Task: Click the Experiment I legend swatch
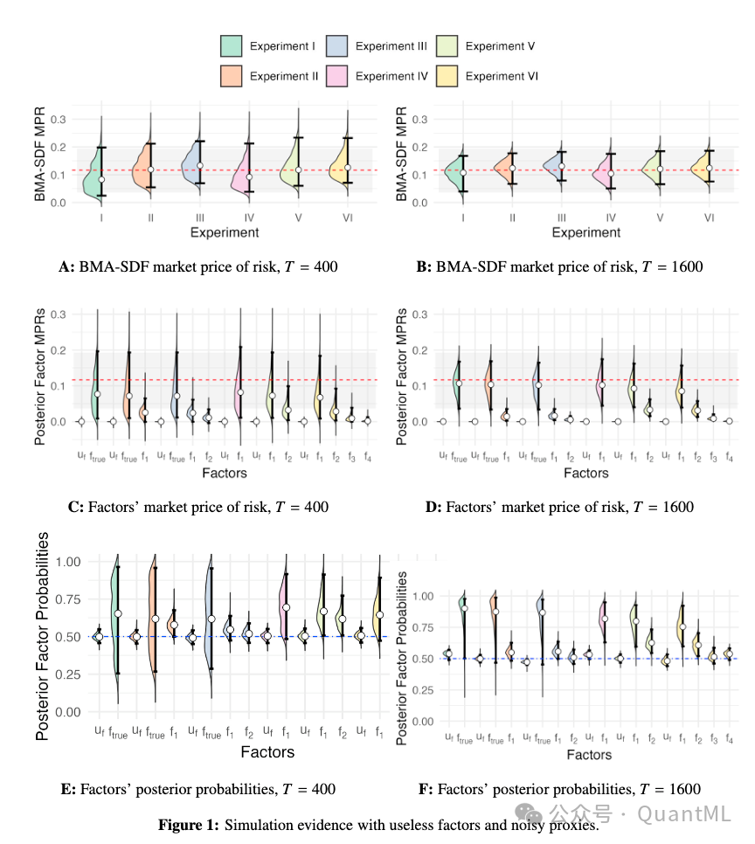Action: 231,46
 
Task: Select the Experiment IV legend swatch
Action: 338,76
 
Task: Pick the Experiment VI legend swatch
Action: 446,76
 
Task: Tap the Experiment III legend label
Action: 391,46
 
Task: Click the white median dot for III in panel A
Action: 200,165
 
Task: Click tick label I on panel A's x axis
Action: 101,217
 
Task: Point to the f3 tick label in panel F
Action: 713,739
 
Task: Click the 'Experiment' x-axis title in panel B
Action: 585,232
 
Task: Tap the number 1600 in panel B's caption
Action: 683,266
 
